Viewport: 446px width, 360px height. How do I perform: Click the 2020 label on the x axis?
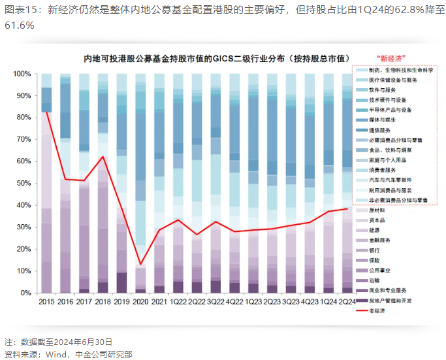coord(140,302)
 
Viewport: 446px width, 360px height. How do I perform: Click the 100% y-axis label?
coord(24,74)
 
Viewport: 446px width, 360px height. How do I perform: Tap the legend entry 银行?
coord(375,250)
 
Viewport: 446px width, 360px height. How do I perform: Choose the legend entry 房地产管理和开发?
coord(390,300)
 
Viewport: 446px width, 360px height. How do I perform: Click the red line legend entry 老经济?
coord(377,310)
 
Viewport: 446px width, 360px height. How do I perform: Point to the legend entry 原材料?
coord(378,210)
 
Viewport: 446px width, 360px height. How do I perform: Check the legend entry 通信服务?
coord(381,130)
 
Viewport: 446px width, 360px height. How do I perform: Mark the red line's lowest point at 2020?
coord(140,265)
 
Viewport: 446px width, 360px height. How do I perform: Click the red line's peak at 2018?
coord(103,157)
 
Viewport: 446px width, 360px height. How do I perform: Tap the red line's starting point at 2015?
coord(46,111)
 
